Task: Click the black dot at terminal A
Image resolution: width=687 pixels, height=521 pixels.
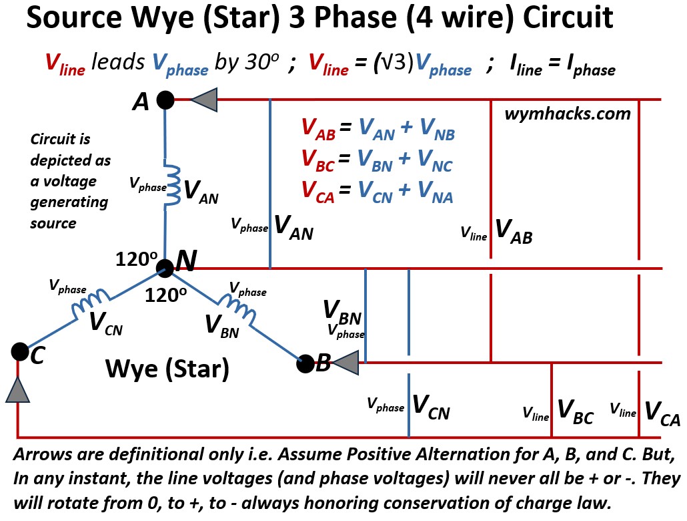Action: [165, 100]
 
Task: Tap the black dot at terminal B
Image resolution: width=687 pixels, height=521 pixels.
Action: [305, 363]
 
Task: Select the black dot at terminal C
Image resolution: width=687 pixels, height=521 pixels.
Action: [19, 351]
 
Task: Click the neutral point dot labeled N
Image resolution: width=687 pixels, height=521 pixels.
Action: [165, 269]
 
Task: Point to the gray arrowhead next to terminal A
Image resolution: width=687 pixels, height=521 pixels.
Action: [205, 100]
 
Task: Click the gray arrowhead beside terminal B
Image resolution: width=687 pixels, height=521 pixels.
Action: [346, 363]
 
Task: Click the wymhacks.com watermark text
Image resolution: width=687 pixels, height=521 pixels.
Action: [568, 114]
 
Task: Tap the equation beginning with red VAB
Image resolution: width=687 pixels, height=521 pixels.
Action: [378, 130]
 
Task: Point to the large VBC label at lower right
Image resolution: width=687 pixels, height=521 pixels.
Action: [574, 411]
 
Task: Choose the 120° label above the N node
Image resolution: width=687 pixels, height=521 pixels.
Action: [136, 259]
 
